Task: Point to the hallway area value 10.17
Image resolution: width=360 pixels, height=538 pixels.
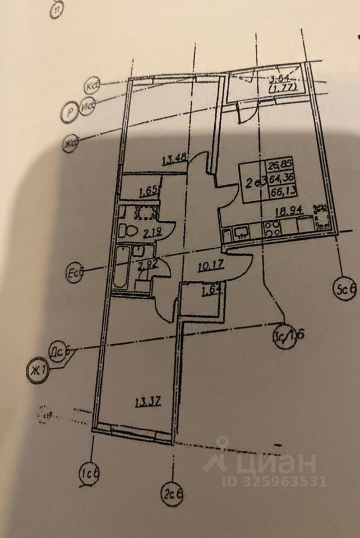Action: [211, 266]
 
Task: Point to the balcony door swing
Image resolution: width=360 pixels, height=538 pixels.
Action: [245, 112]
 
